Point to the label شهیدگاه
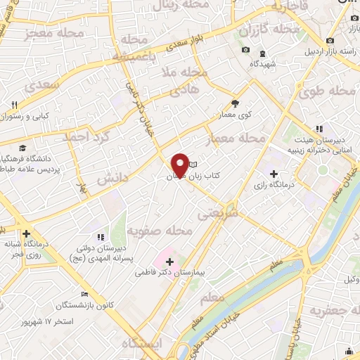pos(261,64)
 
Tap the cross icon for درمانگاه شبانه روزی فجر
pos(27,233)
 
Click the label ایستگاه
pos(141,344)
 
